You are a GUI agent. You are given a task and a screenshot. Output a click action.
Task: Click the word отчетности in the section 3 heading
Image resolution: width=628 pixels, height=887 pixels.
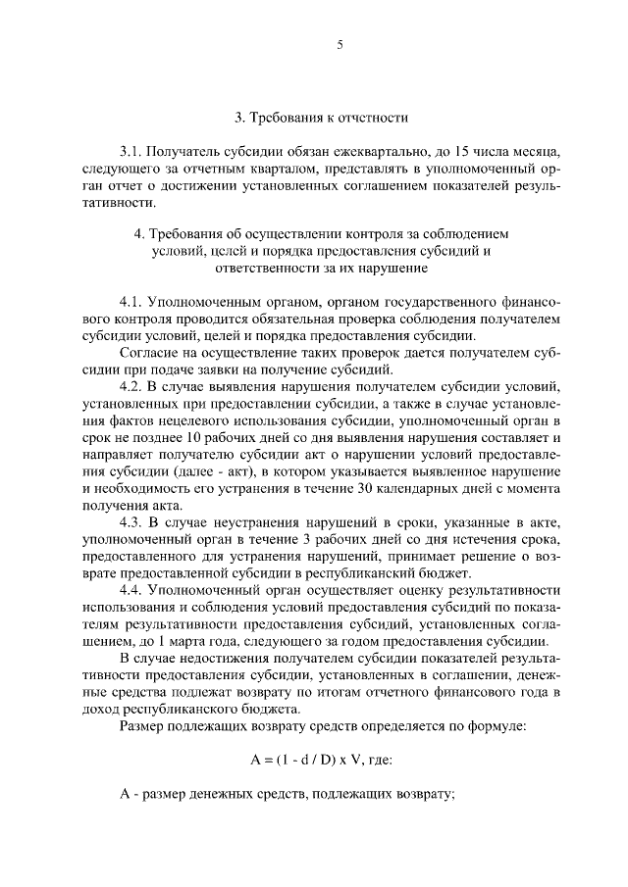[374, 118]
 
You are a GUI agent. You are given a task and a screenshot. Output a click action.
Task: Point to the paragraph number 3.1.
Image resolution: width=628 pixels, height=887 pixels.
[131, 153]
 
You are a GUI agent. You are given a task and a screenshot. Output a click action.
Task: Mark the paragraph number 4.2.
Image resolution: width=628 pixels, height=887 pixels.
[131, 387]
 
